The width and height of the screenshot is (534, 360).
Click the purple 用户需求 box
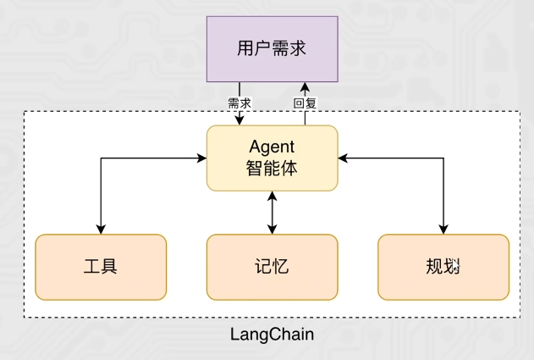click(271, 49)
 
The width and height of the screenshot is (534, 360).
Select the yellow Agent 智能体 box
click(272, 158)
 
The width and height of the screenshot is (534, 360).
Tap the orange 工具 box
click(101, 267)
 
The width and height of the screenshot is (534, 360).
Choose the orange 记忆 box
click(272, 267)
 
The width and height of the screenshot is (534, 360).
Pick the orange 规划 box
click(443, 267)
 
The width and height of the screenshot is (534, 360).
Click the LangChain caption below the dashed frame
click(272, 335)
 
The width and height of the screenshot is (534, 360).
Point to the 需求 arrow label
click(239, 103)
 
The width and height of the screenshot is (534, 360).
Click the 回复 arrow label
click(304, 103)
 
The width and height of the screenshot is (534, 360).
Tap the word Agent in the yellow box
click(272, 147)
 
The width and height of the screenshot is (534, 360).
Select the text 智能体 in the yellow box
click(272, 168)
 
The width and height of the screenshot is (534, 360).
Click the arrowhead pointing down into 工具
click(101, 228)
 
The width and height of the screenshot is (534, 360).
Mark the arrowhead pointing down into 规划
click(443, 228)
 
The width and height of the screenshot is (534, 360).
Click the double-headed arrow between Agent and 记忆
click(272, 212)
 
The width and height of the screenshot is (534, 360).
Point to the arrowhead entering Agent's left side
click(202, 158)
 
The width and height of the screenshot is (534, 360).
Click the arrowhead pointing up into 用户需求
click(304, 87)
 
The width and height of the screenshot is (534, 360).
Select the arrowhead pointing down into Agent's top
click(239, 120)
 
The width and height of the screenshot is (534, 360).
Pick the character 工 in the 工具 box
click(92, 267)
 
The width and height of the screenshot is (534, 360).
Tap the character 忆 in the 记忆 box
click(281, 267)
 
